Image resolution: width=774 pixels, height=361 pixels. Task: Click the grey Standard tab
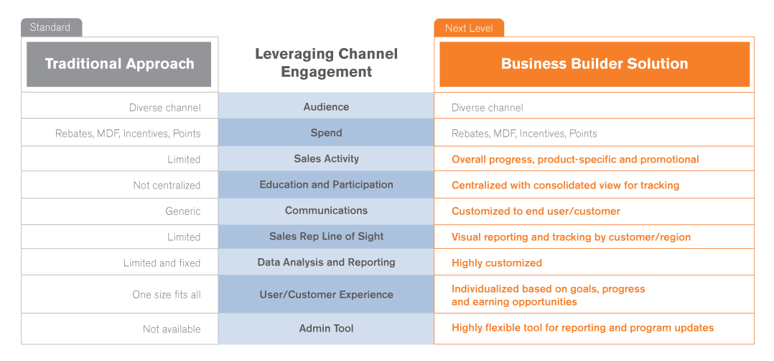52,27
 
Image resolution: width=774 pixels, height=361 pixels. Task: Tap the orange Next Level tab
469,28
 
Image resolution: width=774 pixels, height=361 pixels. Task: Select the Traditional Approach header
119,64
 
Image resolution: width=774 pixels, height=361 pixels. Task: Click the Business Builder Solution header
595,64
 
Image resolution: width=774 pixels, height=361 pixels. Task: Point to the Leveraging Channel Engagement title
326,63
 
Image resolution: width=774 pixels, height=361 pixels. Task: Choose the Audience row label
326,107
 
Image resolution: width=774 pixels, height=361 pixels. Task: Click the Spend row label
326,132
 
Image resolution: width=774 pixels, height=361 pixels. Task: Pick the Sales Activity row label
326,159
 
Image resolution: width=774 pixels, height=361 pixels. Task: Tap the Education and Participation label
326,185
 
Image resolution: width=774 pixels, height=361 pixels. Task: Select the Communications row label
326,210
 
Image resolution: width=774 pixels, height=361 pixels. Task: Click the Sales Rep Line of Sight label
326,237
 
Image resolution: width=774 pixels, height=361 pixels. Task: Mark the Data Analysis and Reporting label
326,262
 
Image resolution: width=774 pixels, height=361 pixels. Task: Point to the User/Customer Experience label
326,294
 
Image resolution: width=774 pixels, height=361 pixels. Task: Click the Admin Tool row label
326,329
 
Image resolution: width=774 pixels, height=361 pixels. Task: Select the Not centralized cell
167,186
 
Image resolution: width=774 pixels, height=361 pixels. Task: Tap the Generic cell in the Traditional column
183,211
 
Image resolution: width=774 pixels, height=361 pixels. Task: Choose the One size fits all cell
167,295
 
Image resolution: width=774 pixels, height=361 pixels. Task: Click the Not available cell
172,329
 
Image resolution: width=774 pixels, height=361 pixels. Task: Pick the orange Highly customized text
497,263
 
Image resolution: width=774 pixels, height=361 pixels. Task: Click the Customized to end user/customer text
536,211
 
